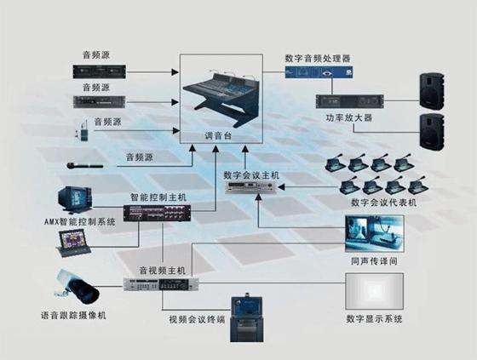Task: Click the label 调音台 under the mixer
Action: (218, 135)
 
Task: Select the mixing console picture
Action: (221, 97)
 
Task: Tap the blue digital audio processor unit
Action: (319, 72)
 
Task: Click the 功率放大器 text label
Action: (349, 117)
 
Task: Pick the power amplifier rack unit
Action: (350, 101)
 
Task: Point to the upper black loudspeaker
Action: (432, 91)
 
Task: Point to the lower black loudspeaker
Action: (432, 132)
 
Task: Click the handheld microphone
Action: (85, 166)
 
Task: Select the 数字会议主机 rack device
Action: (250, 187)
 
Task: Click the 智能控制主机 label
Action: (158, 197)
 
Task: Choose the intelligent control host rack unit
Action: (157, 213)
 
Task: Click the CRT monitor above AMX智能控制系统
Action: (75, 200)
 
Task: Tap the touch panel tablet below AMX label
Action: (73, 243)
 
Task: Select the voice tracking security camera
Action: (78, 287)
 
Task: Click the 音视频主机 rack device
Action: (161, 284)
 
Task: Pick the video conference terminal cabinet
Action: (247, 317)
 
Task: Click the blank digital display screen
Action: (375, 291)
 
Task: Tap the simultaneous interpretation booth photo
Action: (375, 233)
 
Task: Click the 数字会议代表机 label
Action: (384, 203)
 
